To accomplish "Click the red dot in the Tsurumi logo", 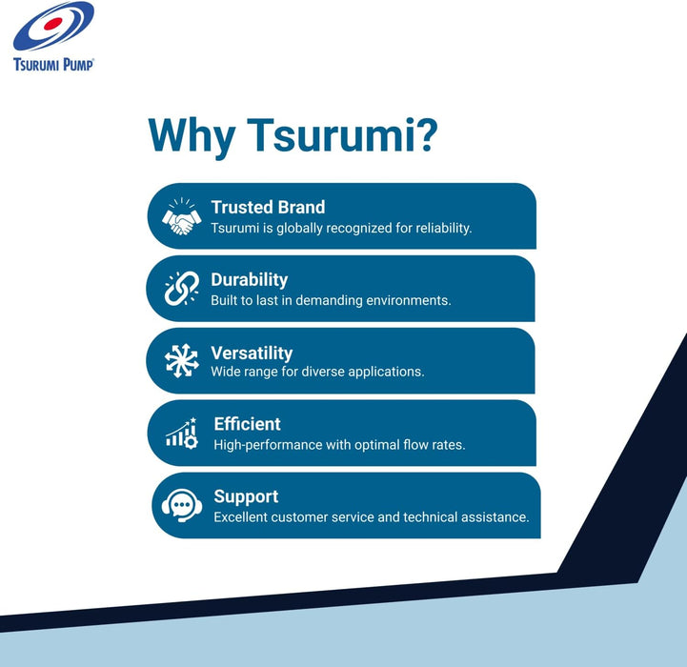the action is (53, 24).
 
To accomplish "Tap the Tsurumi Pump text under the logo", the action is (53, 65).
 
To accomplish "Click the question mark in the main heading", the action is (424, 134).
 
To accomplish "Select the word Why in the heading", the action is (192, 136).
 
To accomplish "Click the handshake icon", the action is (181, 216).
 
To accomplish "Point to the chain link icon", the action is (182, 288).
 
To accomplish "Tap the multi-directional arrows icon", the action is (181, 360).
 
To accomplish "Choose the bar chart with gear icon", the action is (182, 433).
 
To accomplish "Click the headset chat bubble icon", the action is (182, 505).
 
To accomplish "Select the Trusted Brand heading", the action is (268, 208).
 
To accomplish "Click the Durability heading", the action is (250, 280).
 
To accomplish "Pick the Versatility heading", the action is (252, 353).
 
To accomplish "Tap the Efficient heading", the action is (247, 424).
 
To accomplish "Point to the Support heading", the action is (246, 497).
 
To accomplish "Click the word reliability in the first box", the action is (443, 229).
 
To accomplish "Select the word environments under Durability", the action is (409, 301).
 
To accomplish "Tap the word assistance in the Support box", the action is (495, 517).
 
